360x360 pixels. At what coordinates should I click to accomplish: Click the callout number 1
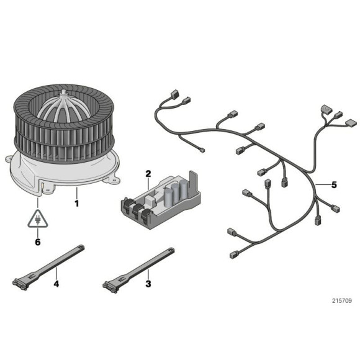click(x=76, y=202)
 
